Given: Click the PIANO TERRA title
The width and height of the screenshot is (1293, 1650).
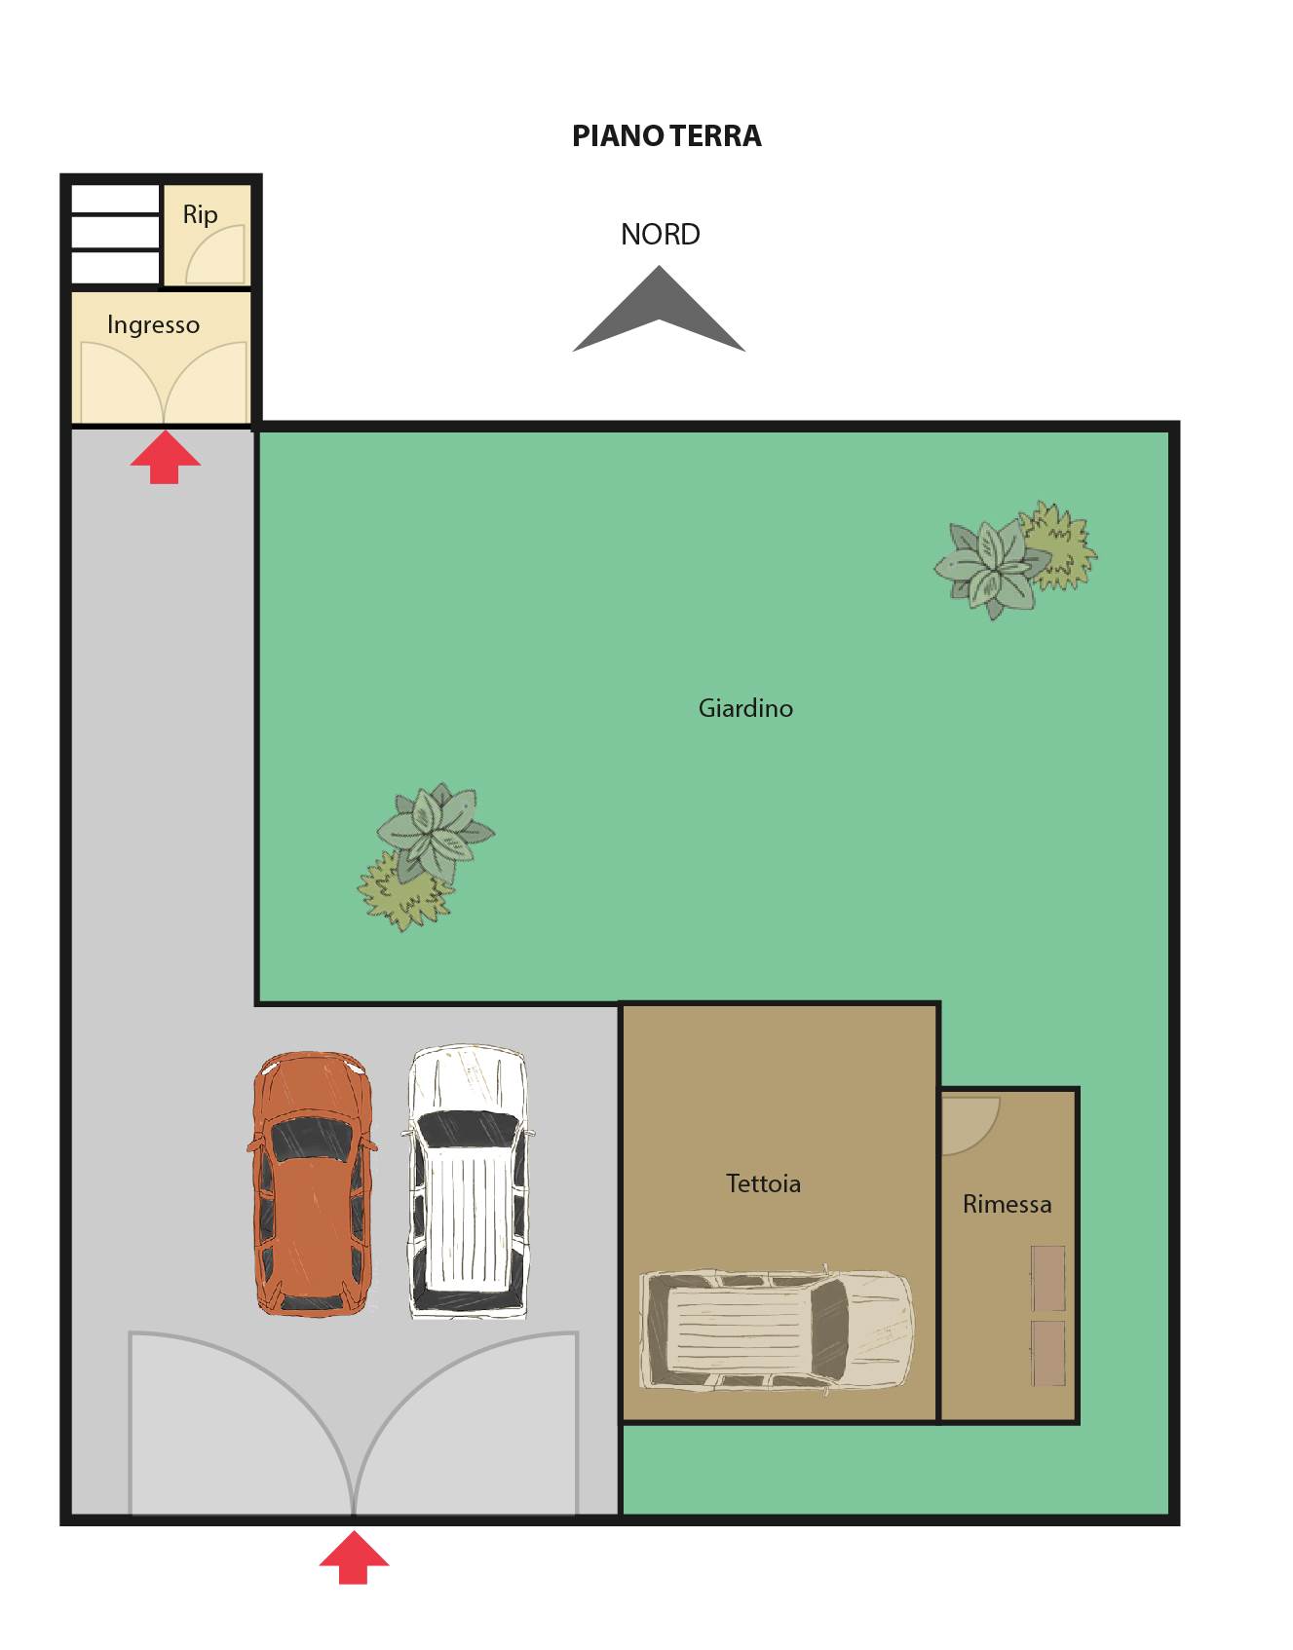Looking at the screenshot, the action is click(666, 135).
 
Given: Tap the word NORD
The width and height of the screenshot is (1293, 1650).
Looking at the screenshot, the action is click(661, 235).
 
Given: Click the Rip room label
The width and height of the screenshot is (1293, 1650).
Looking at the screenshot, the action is click(200, 215).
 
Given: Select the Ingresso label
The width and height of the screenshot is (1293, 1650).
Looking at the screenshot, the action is click(153, 324).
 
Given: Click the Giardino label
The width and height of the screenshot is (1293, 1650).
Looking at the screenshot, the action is click(745, 708).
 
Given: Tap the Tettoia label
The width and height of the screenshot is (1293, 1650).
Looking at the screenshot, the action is click(763, 1183).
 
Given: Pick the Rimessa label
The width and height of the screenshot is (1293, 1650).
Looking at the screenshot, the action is click(1007, 1204).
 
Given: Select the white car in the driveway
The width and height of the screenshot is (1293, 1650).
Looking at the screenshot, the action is click(468, 1182).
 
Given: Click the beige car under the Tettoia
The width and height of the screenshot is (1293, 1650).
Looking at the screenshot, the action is click(777, 1331).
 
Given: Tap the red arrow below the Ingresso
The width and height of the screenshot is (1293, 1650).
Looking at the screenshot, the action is click(166, 457).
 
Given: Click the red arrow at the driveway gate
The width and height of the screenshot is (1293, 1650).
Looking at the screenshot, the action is click(354, 1556).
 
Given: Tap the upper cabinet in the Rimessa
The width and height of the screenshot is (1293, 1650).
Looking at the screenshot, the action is click(1048, 1278).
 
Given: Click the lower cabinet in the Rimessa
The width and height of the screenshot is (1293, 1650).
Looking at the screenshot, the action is click(1048, 1353).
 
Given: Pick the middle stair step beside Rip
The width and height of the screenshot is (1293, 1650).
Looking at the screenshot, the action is click(115, 232).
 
